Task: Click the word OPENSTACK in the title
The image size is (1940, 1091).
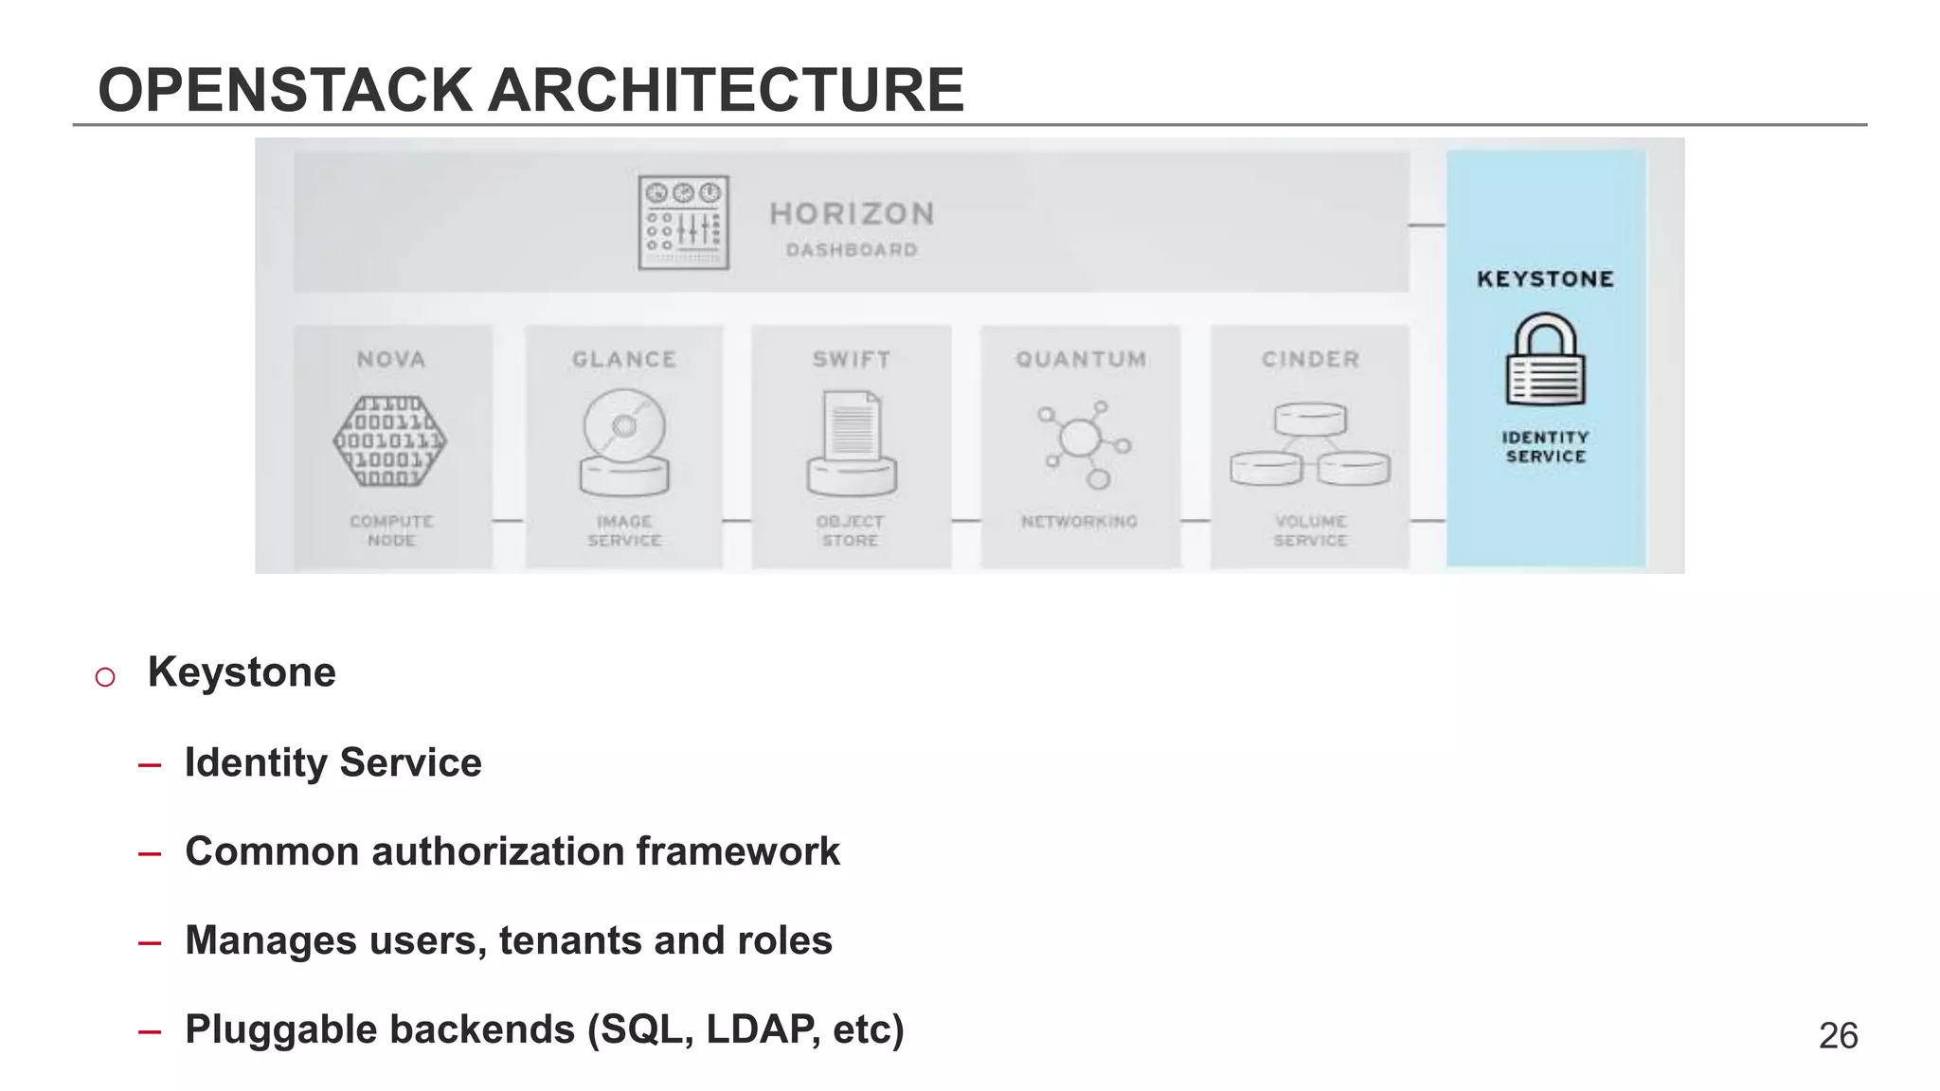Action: pyautogui.click(x=285, y=91)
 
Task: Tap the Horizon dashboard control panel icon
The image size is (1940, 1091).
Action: pyautogui.click(x=683, y=223)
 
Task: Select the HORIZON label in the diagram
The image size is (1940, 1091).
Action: pyautogui.click(x=852, y=214)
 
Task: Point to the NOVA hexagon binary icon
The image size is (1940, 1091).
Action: pyautogui.click(x=390, y=441)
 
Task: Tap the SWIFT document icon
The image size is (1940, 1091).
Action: pyautogui.click(x=852, y=443)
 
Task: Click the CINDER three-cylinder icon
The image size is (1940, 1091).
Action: pyautogui.click(x=1310, y=443)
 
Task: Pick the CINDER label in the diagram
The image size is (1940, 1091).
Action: pyautogui.click(x=1310, y=360)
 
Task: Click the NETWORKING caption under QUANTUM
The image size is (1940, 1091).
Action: pyautogui.click(x=1079, y=522)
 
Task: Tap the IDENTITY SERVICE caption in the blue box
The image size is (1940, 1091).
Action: pyautogui.click(x=1545, y=447)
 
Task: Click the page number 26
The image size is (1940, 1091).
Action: pyautogui.click(x=1838, y=1036)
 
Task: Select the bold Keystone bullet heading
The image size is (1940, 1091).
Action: pyautogui.click(x=242, y=672)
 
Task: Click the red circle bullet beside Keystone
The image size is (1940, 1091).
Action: pyautogui.click(x=105, y=677)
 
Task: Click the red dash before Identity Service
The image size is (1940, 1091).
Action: pyautogui.click(x=149, y=765)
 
